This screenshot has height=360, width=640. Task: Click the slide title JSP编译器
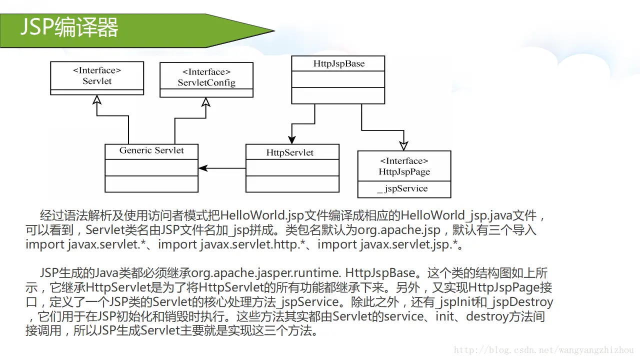pos(69,27)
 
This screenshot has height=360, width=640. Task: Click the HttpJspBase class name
pos(338,63)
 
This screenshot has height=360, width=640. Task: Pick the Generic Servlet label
pos(151,150)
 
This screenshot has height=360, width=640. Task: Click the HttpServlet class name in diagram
pos(290,152)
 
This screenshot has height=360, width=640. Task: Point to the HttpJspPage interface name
pos(404,171)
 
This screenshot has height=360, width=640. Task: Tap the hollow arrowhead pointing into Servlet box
pos(97,99)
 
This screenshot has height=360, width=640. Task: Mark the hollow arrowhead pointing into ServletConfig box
pos(205,102)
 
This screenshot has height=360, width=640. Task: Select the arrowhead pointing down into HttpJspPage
pos(403,146)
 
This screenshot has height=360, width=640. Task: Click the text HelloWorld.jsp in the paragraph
pos(254,216)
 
